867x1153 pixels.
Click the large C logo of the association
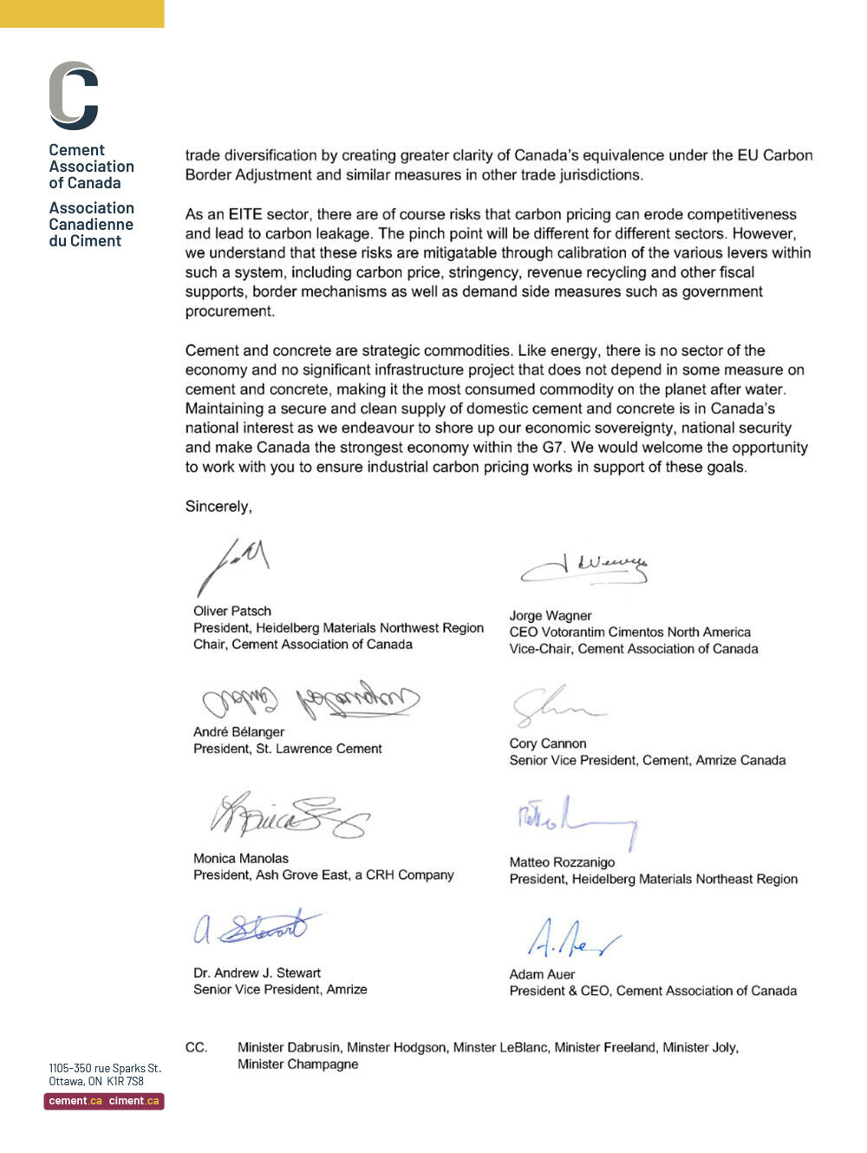click(x=74, y=95)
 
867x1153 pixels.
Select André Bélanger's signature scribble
click(x=310, y=699)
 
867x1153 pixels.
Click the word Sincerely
click(x=218, y=507)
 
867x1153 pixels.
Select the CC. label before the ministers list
click(x=197, y=1048)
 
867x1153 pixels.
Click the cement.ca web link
click(x=75, y=1101)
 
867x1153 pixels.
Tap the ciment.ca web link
click(x=134, y=1101)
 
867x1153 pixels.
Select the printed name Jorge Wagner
click(x=551, y=616)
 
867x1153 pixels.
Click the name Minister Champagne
click(x=297, y=1065)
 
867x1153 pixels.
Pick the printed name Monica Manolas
click(x=241, y=858)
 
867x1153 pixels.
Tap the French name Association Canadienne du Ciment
click(x=91, y=225)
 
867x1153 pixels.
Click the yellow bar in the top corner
click(x=81, y=13)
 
